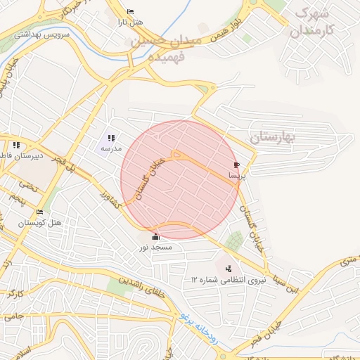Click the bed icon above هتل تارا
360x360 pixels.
pyautogui.click(x=130, y=12)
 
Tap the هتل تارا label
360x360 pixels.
pyautogui.click(x=131, y=22)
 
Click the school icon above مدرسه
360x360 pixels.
pyautogui.click(x=111, y=139)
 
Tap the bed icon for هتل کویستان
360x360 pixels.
pyautogui.click(x=39, y=212)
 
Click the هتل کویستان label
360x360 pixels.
pyautogui.click(x=40, y=223)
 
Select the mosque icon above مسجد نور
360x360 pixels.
pyautogui.click(x=155, y=237)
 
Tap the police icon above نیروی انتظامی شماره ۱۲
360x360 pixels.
pyautogui.click(x=228, y=268)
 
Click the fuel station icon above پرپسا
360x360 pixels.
pyautogui.click(x=235, y=165)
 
